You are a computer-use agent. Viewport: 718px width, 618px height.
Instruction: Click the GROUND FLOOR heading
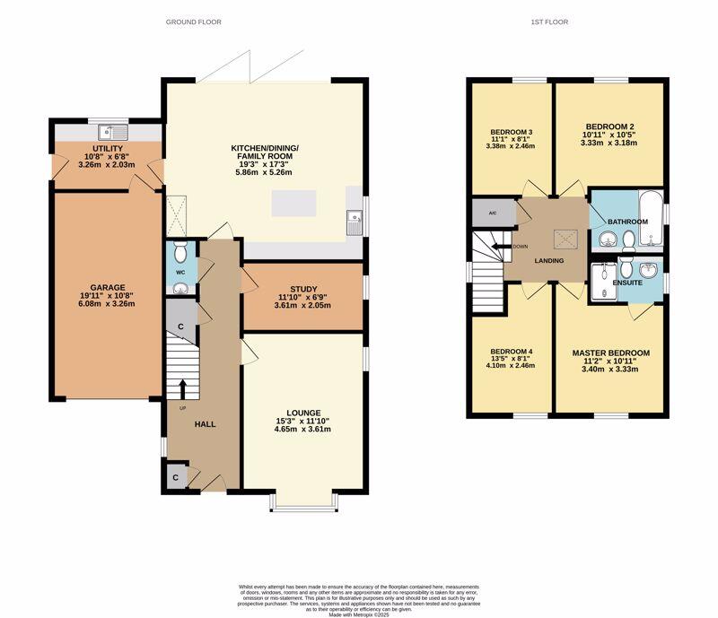point(193,22)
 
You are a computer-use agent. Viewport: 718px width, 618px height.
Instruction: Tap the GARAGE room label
point(107,288)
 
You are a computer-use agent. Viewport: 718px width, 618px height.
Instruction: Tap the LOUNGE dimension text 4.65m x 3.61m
point(302,429)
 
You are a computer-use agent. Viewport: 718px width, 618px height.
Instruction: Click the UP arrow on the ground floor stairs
point(183,388)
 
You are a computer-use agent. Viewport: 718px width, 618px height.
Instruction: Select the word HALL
point(205,424)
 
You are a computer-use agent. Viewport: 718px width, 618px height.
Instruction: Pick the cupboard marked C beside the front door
point(176,478)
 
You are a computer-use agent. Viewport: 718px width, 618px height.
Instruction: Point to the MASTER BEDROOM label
point(610,353)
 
